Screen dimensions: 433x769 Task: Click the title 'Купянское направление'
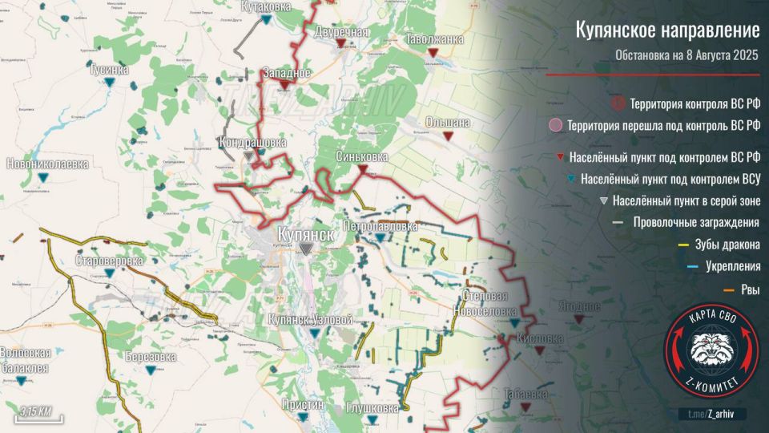pos(667,31)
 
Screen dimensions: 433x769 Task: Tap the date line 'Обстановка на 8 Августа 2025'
pos(686,55)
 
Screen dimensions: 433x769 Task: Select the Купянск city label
pos(304,233)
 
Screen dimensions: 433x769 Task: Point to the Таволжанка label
pos(434,38)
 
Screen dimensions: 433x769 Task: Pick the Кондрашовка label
pos(252,143)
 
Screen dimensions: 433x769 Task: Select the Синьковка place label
pos(362,156)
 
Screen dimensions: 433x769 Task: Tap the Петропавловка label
pos(380,228)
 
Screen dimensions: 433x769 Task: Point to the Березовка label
pos(151,356)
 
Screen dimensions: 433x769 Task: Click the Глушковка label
pos(372,408)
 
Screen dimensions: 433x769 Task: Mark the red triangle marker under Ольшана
pos(448,136)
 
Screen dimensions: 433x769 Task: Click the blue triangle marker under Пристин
pos(302,418)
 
